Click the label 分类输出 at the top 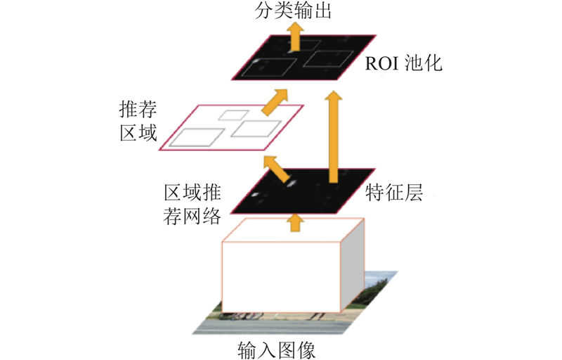tap(292, 11)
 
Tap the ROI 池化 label tap(403, 63)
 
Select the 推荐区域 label tap(138, 121)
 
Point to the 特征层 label tap(394, 192)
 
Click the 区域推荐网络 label tap(192, 205)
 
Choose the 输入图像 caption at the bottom tap(276, 350)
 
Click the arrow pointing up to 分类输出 tap(295, 37)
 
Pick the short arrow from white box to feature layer tap(295, 222)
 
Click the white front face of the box tap(281, 277)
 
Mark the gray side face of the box tap(353, 265)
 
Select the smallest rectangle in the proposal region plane tap(234, 115)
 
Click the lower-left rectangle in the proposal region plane tap(197, 137)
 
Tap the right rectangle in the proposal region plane tap(256, 129)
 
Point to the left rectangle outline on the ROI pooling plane tap(269, 67)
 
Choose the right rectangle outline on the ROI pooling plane tap(328, 59)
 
